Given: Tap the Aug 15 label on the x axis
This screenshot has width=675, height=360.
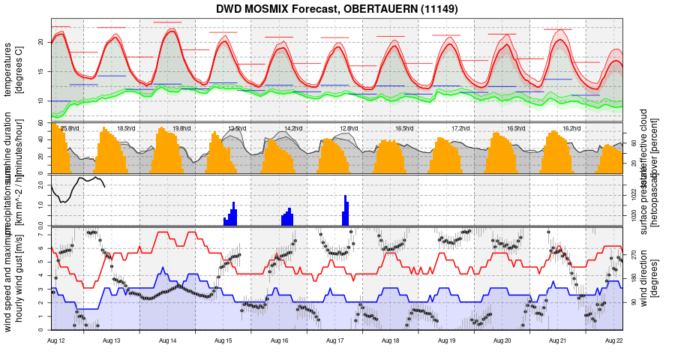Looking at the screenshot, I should point(223,340).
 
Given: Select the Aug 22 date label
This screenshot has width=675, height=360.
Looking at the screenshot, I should point(614,340).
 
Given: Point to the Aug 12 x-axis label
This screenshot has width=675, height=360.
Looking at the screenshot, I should point(56,340).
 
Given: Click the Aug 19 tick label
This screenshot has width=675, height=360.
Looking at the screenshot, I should point(447,340).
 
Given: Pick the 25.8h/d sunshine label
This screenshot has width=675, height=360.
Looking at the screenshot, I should point(70,128).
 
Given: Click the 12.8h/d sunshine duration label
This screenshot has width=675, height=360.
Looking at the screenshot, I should point(349,128).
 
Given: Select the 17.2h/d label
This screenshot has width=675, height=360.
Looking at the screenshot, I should point(460,128).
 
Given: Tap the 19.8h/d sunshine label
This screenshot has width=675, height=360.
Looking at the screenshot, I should point(181,128).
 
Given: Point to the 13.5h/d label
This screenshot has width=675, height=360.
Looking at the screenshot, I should point(237,128).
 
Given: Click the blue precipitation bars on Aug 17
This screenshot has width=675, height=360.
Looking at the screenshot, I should point(346,211).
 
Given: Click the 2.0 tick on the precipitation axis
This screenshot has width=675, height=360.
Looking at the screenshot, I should point(41,184).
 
